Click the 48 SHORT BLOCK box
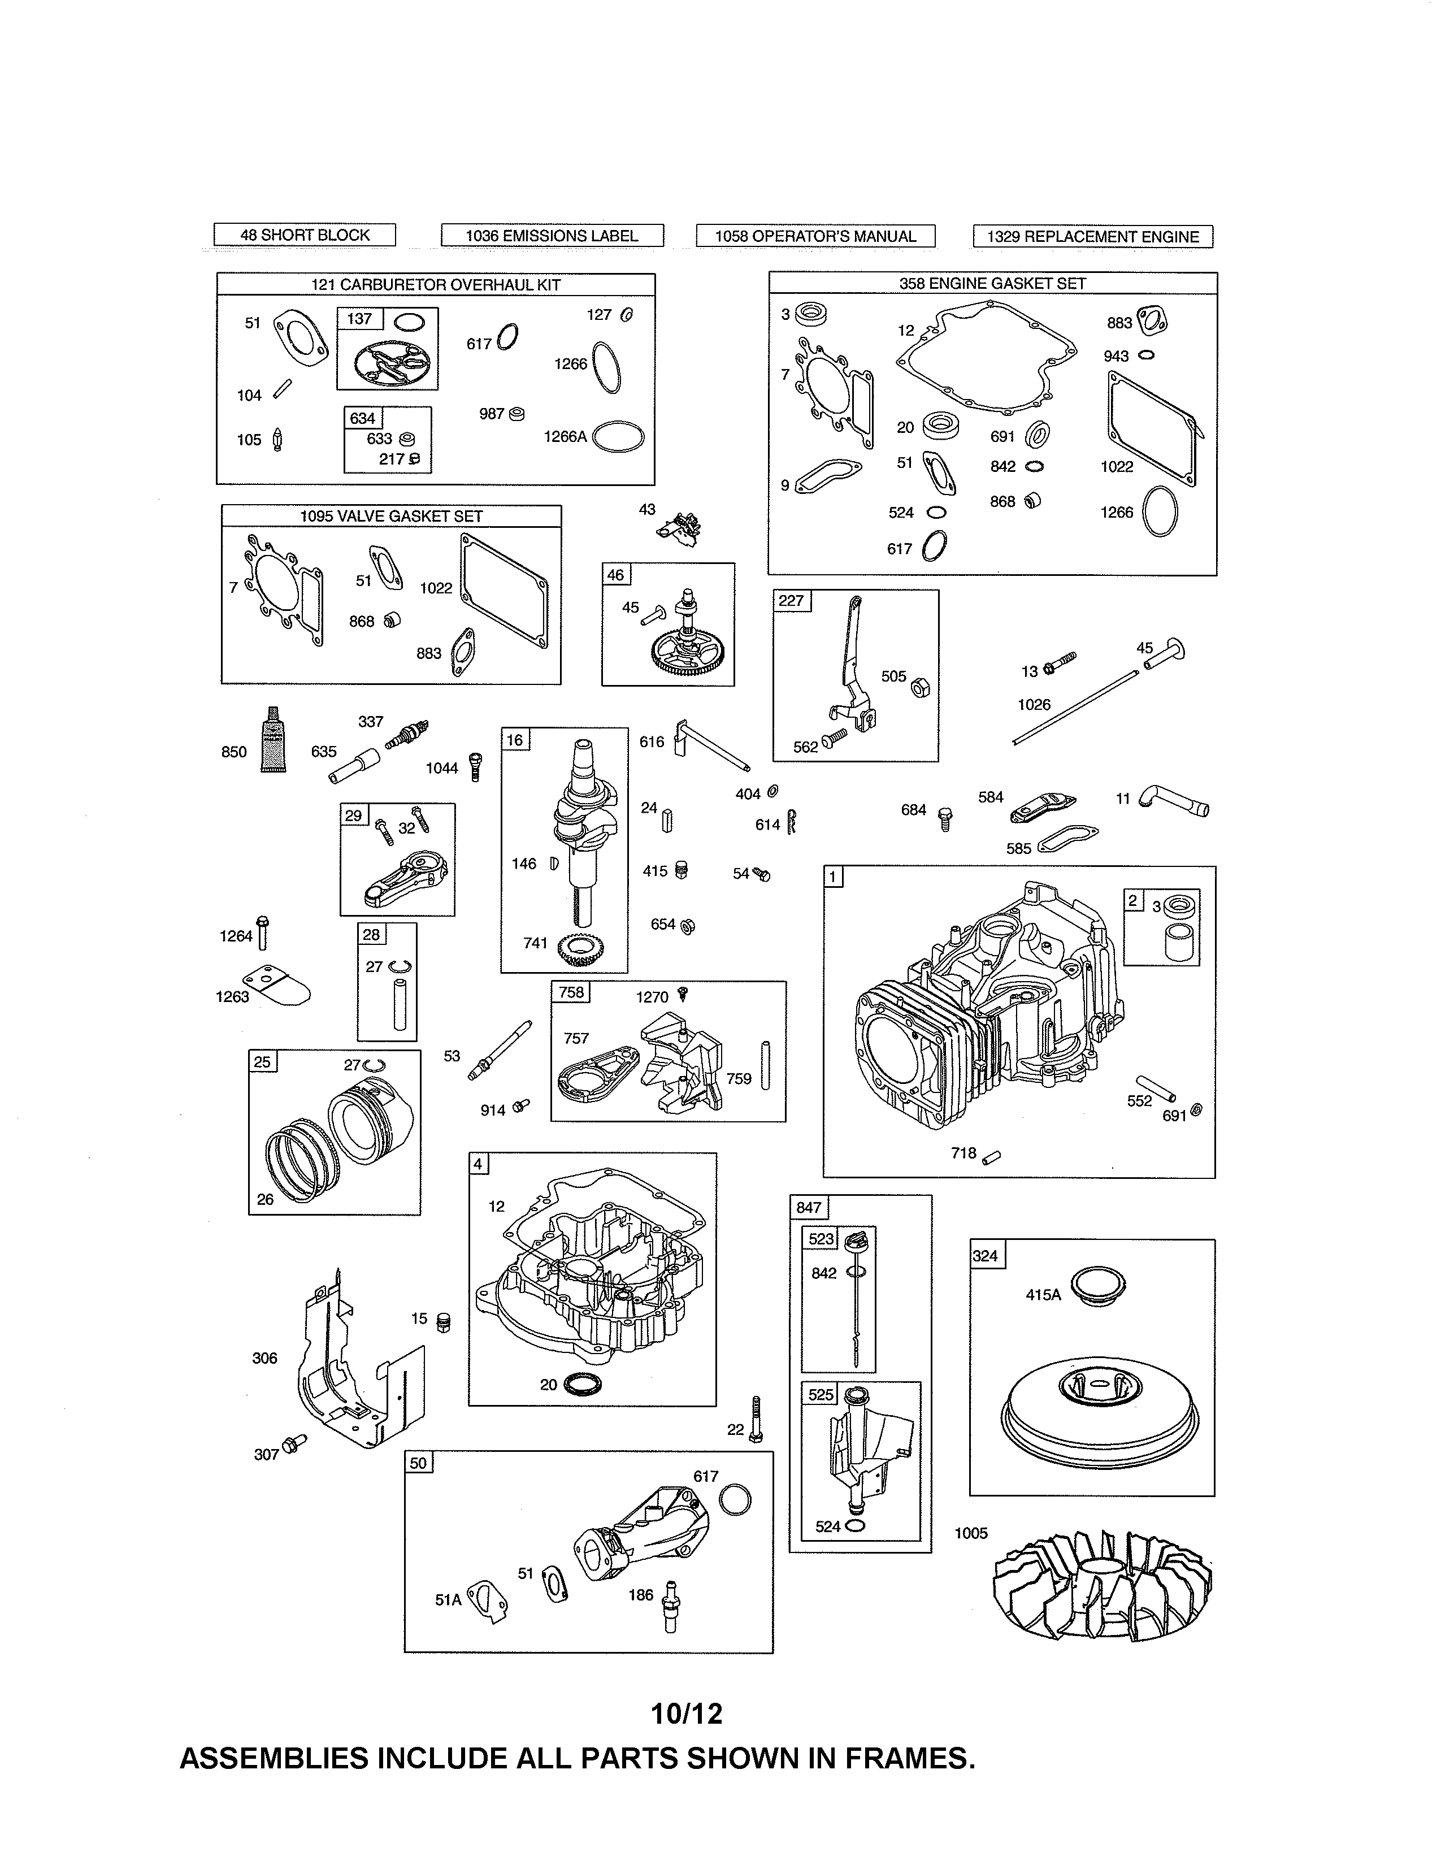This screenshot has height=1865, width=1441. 304,235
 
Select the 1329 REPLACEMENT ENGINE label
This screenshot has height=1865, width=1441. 1093,237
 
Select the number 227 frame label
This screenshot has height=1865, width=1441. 791,600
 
